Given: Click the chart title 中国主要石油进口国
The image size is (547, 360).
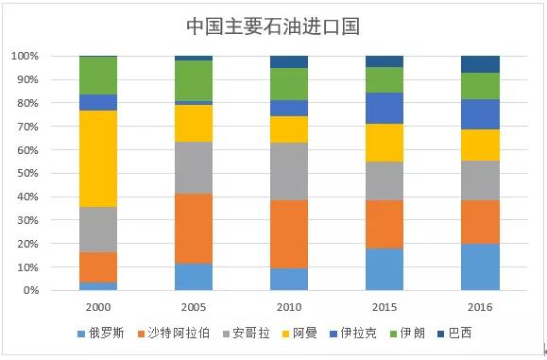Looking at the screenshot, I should click(273, 25).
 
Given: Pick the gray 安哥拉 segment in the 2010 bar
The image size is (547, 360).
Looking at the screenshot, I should click(289, 171).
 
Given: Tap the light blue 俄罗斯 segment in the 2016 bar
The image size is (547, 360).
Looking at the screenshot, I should click(480, 266).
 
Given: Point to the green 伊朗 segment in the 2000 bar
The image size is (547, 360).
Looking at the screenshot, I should click(98, 76).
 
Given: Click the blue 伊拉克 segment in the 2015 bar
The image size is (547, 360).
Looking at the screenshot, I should click(385, 108).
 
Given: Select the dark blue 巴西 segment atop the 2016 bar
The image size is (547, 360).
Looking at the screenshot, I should click(480, 64).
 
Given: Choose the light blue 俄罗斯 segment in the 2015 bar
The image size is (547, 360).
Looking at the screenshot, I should click(385, 269).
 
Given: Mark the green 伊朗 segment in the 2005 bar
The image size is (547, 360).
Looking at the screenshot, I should click(194, 80).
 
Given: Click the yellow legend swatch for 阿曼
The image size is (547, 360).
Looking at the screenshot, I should click(286, 334).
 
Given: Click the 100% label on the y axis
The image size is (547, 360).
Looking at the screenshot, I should click(24, 56).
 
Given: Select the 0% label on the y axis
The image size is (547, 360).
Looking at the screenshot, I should click(29, 291).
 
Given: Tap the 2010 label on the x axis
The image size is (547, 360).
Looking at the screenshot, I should click(289, 307).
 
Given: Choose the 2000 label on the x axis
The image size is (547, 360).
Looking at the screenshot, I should click(98, 307).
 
